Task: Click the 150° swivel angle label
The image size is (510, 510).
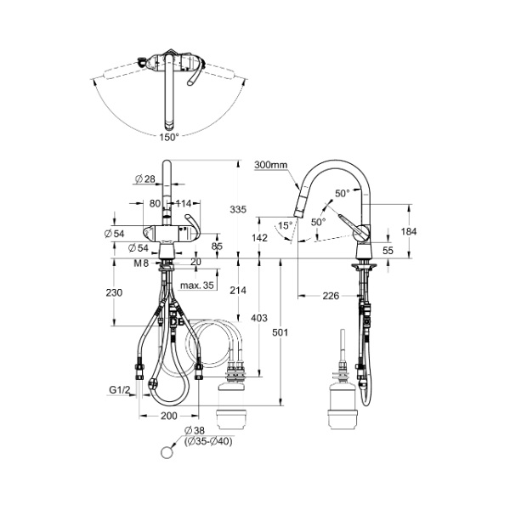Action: pos(169,138)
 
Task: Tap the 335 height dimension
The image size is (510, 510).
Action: pos(238,209)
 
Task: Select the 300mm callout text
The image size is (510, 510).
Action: pos(271,165)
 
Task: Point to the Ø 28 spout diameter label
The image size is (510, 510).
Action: pos(145,178)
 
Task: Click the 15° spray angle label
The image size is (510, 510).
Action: pos(286,225)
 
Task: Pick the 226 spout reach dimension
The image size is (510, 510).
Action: pos(331,296)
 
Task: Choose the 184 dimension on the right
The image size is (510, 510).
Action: pos(409,231)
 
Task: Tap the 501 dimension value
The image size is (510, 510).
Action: pos(280,332)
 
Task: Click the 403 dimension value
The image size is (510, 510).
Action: pos(259,318)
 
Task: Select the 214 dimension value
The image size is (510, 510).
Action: pos(238,290)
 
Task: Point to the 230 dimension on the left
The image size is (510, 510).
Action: pos(114,292)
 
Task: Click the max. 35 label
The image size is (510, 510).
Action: pos(197,286)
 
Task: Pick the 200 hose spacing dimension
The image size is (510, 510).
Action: pos(169,416)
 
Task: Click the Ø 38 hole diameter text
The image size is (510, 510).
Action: pos(194,430)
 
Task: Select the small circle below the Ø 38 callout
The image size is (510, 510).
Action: pos(167,452)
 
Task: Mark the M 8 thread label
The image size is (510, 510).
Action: pos(141,263)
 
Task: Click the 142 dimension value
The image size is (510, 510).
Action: pos(259,238)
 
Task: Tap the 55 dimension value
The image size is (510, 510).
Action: pos(388,251)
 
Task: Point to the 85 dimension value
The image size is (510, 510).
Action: pos(217,246)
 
